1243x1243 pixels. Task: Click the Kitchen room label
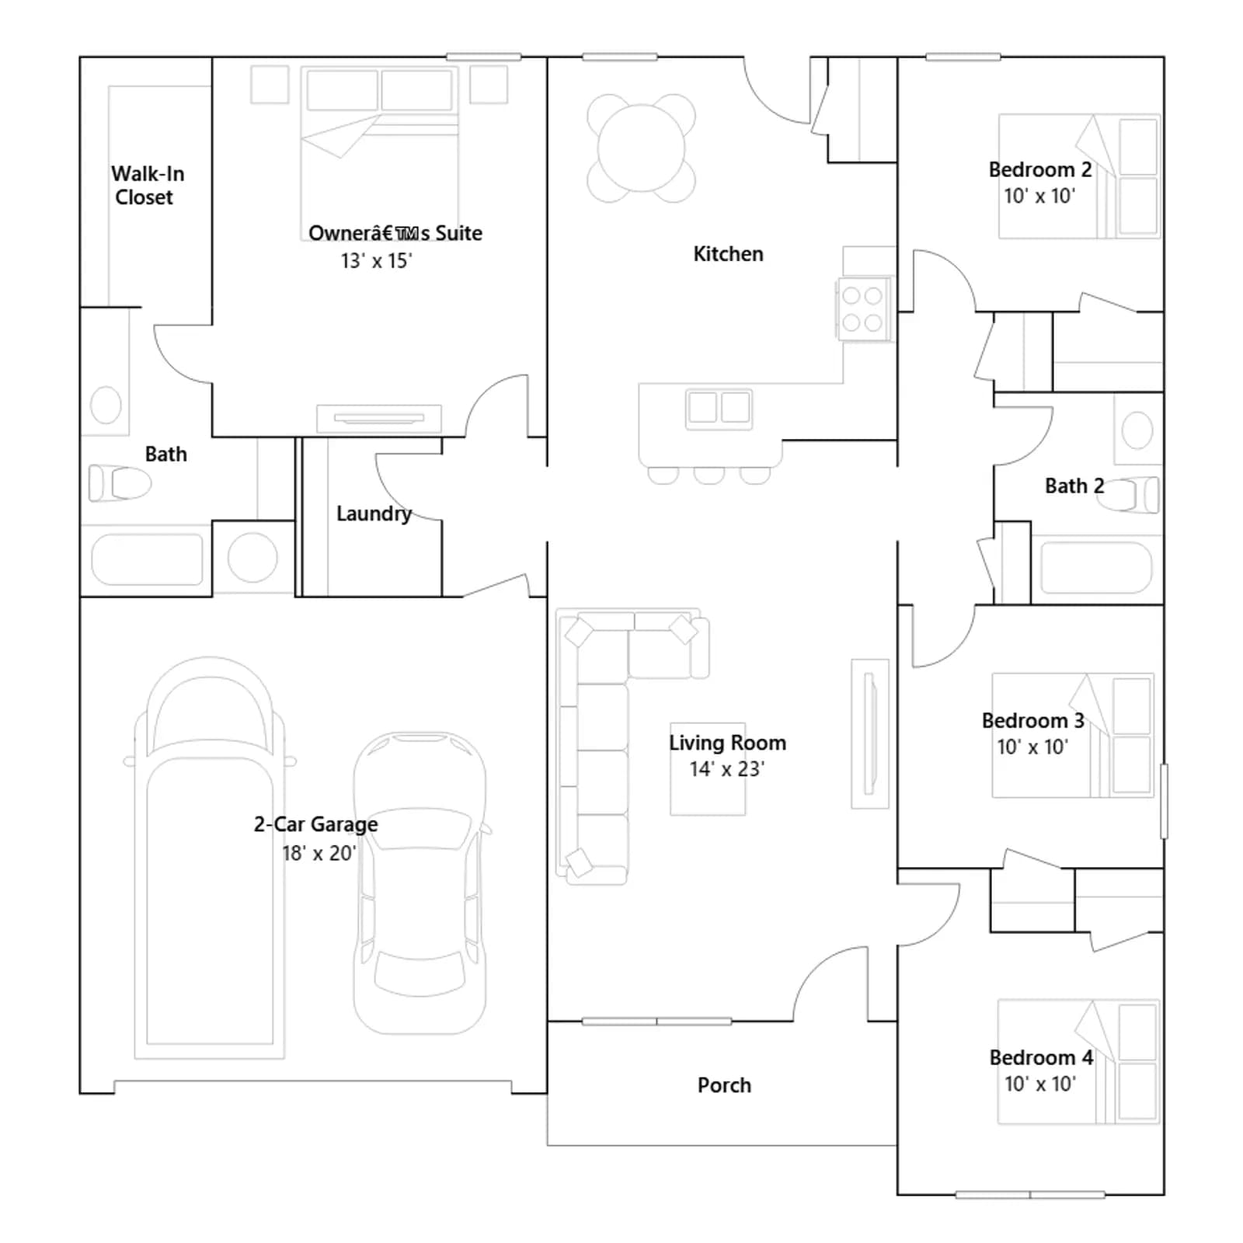click(728, 254)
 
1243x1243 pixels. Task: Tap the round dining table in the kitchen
click(641, 148)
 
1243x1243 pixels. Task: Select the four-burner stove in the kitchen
click(862, 308)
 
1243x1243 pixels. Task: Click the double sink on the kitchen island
click(719, 408)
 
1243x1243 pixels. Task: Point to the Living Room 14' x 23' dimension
click(727, 769)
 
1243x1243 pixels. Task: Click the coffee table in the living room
click(708, 769)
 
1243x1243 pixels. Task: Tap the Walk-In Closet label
click(147, 186)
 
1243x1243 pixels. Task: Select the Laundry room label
click(374, 514)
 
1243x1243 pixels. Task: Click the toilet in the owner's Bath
click(120, 483)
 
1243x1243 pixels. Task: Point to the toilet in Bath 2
click(1127, 495)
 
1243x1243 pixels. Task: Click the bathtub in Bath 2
click(1096, 567)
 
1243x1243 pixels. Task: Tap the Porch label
click(724, 1085)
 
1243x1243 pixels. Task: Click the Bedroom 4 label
click(1041, 1057)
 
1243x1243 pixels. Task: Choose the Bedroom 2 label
click(1040, 169)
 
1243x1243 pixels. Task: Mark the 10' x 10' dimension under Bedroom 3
click(1032, 747)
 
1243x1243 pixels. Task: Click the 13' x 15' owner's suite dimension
click(376, 261)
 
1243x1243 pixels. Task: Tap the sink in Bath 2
click(1137, 430)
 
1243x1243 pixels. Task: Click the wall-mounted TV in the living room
click(870, 734)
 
